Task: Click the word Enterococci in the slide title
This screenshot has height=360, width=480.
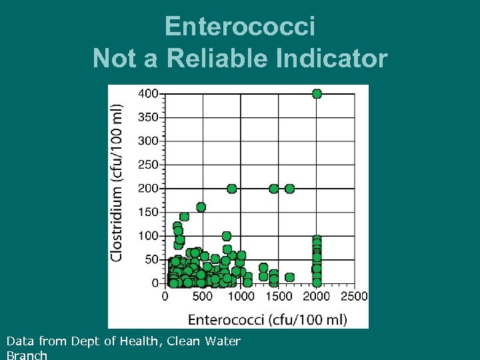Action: [x=239, y=27]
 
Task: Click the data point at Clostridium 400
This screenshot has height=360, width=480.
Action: [x=317, y=94]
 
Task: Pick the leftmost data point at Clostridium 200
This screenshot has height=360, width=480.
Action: [x=231, y=189]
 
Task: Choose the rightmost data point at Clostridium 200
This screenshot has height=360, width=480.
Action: [x=289, y=189]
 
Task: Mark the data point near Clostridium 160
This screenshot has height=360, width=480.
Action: [x=201, y=207]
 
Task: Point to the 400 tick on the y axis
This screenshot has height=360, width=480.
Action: [x=148, y=94]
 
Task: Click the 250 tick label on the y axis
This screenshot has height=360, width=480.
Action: [x=148, y=165]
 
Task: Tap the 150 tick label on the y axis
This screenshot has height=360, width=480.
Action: [x=148, y=212]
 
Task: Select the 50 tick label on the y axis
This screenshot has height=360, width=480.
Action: [x=151, y=259]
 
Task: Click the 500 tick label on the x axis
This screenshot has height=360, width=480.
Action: [x=203, y=297]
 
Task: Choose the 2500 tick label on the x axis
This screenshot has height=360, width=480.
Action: [x=354, y=297]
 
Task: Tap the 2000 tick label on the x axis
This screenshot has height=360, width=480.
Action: [x=317, y=297]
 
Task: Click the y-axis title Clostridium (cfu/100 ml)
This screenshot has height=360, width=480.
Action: [x=117, y=182]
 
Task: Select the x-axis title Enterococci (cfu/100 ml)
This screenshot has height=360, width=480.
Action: [x=267, y=319]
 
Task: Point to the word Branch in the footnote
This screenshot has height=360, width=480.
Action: [x=27, y=355]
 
